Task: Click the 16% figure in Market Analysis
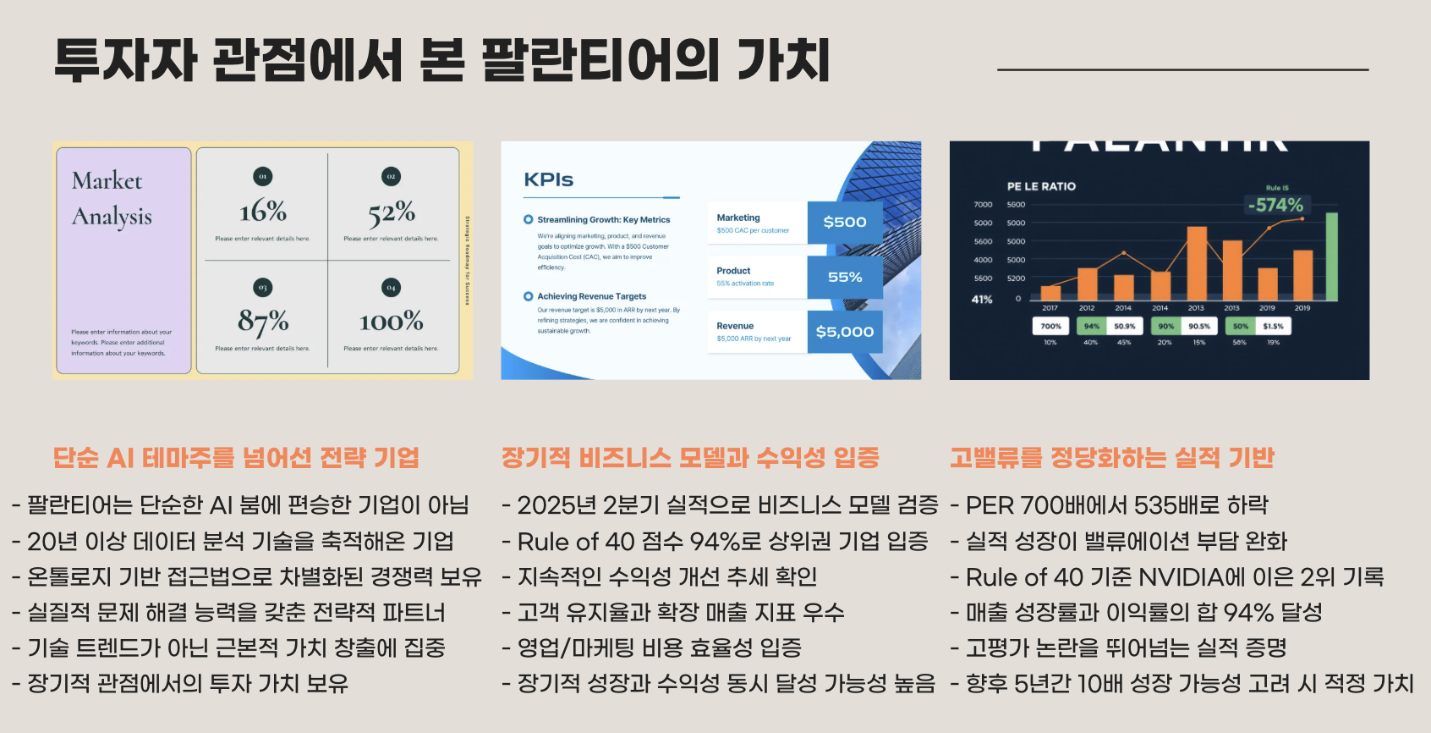[x=263, y=211]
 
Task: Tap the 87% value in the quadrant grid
[x=263, y=322]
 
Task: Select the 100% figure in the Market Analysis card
[x=391, y=322]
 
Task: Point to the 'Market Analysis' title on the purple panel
[x=112, y=198]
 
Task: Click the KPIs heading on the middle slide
[x=548, y=179]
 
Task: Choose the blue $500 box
[x=845, y=222]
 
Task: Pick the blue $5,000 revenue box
[x=845, y=332]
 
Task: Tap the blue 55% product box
[x=845, y=277]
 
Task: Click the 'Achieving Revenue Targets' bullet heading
[x=591, y=296]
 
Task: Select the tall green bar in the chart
[x=1331, y=256]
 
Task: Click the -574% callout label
[x=1275, y=205]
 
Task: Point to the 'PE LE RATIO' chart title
[x=1041, y=186]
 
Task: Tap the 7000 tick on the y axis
[x=983, y=205]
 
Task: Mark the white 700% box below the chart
[x=1050, y=326]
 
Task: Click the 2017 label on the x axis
[x=1050, y=308]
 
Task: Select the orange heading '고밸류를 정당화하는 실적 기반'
[x=1111, y=458]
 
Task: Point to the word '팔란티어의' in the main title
[x=601, y=59]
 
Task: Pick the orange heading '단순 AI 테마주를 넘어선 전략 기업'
[x=236, y=458]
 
